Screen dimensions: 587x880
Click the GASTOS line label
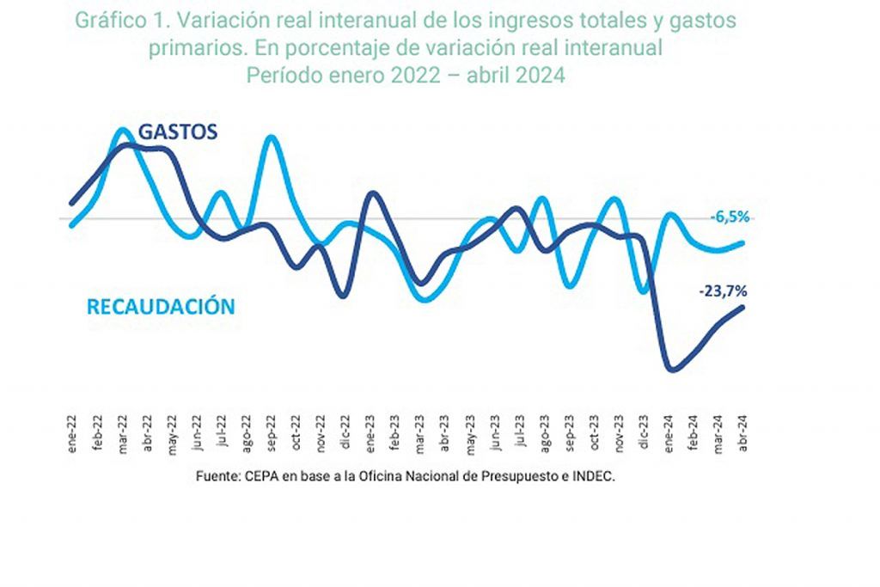(178, 131)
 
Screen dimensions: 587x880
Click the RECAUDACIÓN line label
(160, 307)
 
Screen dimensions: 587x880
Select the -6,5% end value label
(730, 217)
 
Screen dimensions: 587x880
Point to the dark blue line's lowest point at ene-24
(672, 370)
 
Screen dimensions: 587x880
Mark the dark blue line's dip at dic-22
(344, 297)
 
